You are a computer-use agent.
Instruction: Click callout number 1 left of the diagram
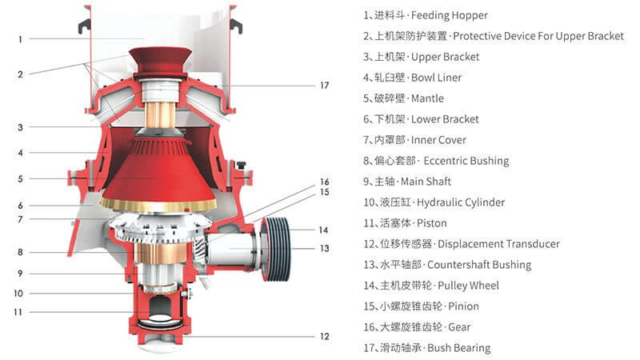21,38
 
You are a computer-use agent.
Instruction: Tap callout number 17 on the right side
324,85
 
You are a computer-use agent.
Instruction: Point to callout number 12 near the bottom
324,336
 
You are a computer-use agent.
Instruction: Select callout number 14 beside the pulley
324,230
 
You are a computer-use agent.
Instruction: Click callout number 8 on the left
21,252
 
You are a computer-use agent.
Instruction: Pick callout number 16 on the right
324,182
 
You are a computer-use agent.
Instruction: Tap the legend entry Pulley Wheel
463,286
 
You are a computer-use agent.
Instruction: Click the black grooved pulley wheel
277,235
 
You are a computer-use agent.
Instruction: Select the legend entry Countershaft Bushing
479,265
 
